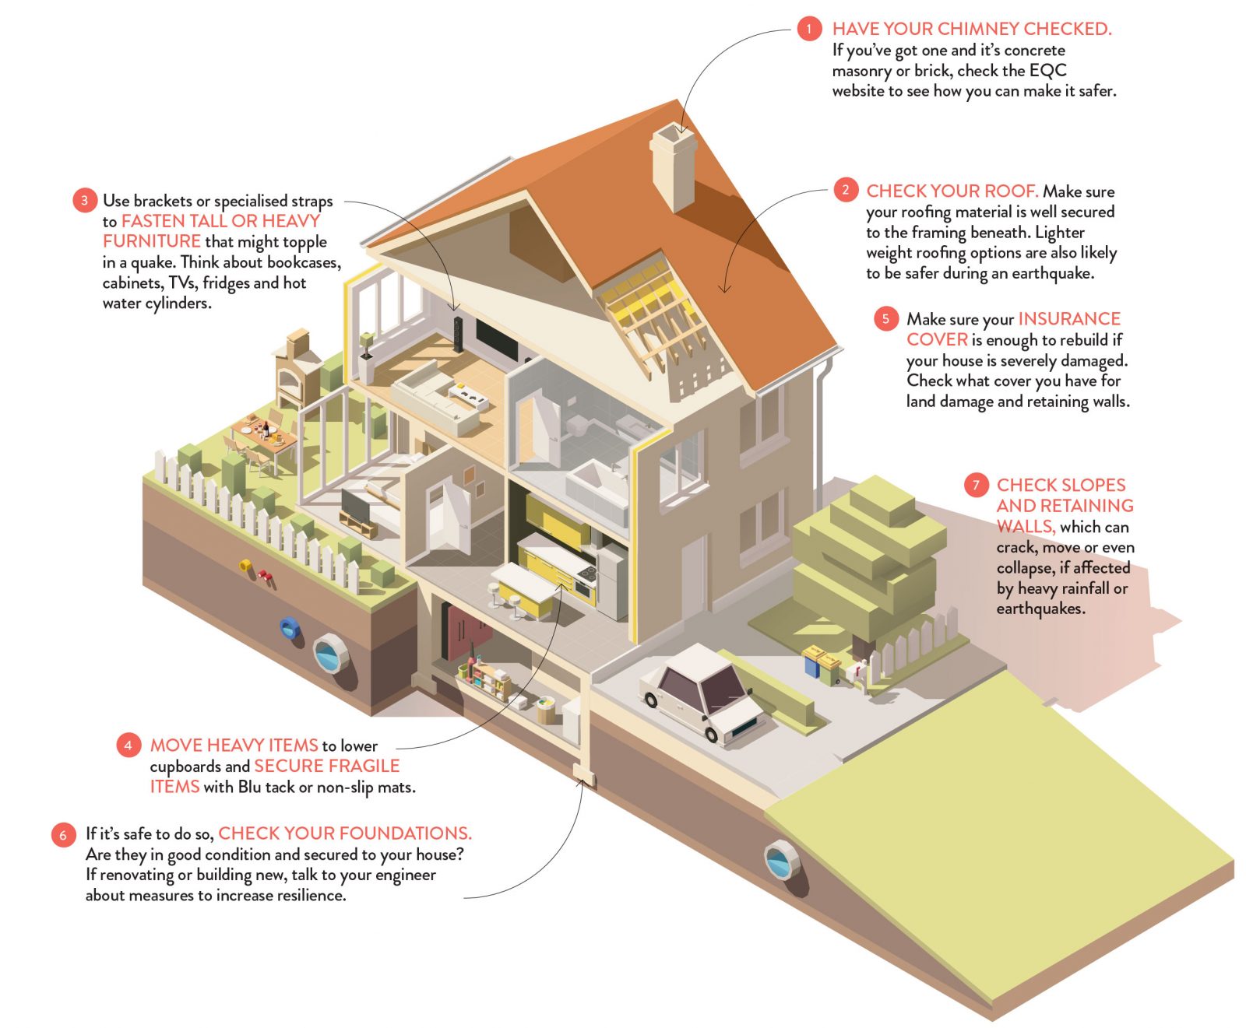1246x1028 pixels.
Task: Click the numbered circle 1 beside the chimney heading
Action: pyautogui.click(x=809, y=30)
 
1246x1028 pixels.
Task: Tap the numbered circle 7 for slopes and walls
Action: pyautogui.click(x=976, y=486)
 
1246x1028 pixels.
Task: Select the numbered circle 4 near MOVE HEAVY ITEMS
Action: pyautogui.click(x=128, y=746)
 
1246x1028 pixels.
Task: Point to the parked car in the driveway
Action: pyautogui.click(x=701, y=692)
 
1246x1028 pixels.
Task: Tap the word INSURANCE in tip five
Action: pyautogui.click(x=1069, y=319)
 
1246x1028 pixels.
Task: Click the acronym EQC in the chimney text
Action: pyautogui.click(x=1047, y=71)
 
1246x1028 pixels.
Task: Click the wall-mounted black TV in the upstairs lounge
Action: pyautogui.click(x=497, y=339)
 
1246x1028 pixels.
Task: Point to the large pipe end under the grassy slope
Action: pyautogui.click(x=781, y=859)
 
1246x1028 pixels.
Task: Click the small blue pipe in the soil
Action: pyautogui.click(x=290, y=627)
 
